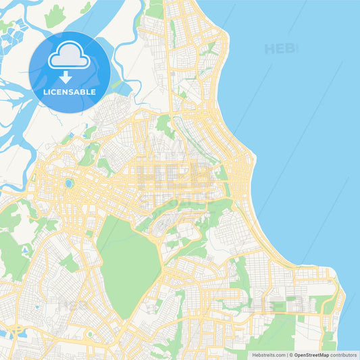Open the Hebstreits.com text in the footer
pyautogui.click(x=267, y=355)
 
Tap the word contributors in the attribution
pyautogui.click(x=343, y=355)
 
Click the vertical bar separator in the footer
pyautogui.click(x=286, y=355)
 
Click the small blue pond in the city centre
pyautogui.click(x=68, y=183)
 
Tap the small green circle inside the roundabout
pyautogui.click(x=89, y=334)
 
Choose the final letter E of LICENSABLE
pyautogui.click(x=93, y=91)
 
